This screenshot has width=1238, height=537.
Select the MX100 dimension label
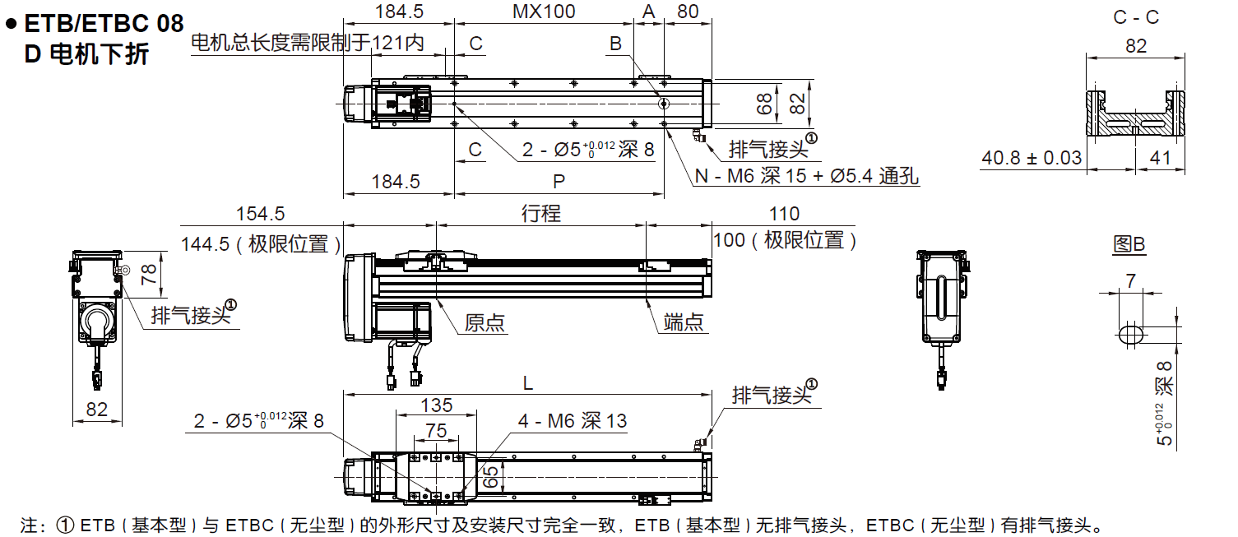click(544, 12)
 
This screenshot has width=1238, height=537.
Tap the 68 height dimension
click(765, 104)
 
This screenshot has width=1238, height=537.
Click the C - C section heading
click(1136, 17)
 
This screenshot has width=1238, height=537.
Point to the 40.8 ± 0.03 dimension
click(1032, 157)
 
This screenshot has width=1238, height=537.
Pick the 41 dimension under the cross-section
click(1160, 157)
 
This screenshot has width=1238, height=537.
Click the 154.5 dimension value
click(260, 214)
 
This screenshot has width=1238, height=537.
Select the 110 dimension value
click(783, 214)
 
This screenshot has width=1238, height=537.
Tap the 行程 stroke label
click(541, 214)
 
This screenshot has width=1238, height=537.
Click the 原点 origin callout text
click(485, 322)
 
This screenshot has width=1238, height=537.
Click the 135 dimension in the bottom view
click(436, 405)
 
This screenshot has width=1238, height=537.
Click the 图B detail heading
click(1129, 244)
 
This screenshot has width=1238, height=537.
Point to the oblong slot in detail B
click(1131, 333)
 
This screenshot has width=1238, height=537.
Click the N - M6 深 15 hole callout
click(806, 176)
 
